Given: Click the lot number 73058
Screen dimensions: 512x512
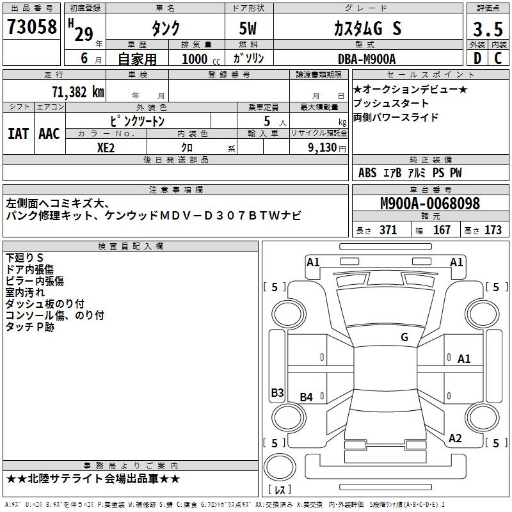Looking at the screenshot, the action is (31, 26).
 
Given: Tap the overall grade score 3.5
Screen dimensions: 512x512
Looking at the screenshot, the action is (488, 29).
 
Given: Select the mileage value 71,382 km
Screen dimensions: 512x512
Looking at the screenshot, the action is (78, 92).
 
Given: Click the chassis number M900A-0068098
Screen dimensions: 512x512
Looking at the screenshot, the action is (430, 203).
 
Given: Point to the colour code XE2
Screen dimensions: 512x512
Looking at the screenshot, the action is (106, 148).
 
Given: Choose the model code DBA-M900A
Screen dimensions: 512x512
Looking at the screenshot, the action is (367, 59).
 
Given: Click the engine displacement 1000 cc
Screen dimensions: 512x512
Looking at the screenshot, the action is (201, 59).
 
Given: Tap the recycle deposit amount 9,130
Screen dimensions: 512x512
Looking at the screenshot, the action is (323, 148).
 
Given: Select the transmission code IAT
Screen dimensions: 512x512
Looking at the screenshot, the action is (18, 134).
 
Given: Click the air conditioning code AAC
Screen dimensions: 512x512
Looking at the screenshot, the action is (49, 134).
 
